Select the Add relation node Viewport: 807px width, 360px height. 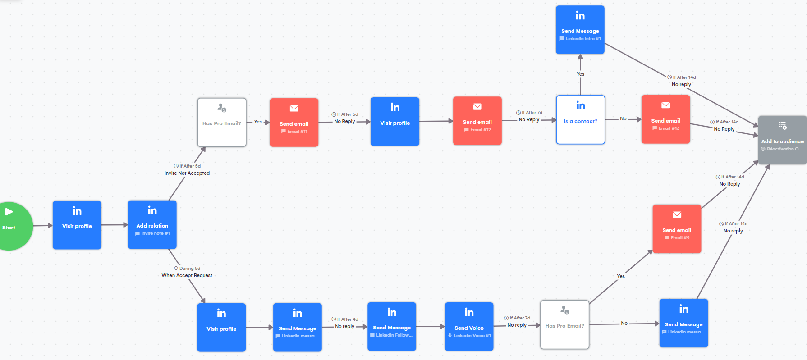(x=152, y=225)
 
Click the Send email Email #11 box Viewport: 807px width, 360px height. (x=294, y=123)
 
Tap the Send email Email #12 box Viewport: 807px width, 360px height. (x=477, y=121)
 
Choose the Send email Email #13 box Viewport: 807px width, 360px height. (x=665, y=119)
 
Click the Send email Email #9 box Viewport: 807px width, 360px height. (x=677, y=229)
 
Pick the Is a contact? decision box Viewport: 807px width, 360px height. (x=580, y=120)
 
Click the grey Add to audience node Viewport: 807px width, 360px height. (x=782, y=140)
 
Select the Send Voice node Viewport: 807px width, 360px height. (x=469, y=327)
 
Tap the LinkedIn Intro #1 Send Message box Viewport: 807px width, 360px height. (x=580, y=30)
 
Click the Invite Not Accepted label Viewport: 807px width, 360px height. (x=187, y=173)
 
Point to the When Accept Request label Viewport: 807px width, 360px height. (x=187, y=275)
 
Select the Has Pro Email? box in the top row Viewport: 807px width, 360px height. (x=222, y=123)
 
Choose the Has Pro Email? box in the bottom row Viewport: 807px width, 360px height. (x=564, y=324)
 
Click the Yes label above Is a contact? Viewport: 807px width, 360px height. (x=580, y=74)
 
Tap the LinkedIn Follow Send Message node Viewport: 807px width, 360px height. (x=392, y=327)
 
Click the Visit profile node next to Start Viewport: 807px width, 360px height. (x=77, y=225)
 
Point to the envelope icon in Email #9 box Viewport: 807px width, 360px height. (x=677, y=214)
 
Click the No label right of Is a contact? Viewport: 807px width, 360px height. (x=623, y=118)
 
